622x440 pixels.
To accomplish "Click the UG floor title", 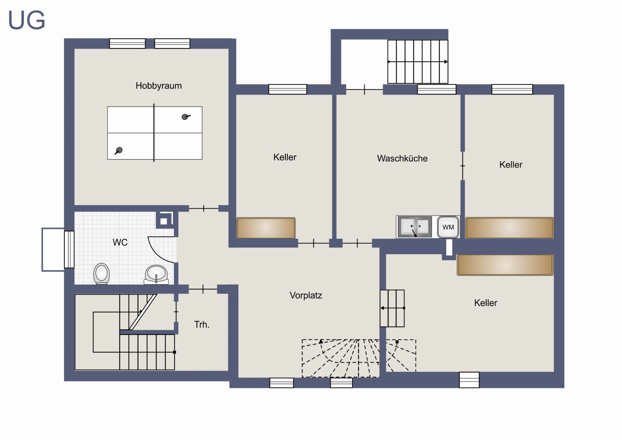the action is [27, 20].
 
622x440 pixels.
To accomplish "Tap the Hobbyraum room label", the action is [159, 86].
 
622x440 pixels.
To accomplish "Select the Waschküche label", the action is [402, 159].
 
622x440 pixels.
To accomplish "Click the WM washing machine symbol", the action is [448, 227].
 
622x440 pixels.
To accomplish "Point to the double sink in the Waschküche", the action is [414, 227].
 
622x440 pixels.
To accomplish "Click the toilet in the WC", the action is [102, 274].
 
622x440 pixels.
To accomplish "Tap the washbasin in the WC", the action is [156, 275].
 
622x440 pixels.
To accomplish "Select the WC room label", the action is [120, 242].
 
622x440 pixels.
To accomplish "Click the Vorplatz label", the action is [306, 295].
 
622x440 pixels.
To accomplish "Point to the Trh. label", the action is [202, 325].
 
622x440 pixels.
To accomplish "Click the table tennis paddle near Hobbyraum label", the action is [186, 117].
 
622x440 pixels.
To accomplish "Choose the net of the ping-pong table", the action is [154, 133].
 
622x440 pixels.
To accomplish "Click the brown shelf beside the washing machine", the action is [509, 228].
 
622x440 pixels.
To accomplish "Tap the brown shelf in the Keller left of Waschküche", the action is [266, 228].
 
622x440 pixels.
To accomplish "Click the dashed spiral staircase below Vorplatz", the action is [359, 358].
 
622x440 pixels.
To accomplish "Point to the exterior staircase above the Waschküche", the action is [418, 62].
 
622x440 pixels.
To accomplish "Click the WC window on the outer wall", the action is [69, 249].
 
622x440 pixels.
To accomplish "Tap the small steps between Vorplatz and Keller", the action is [392, 308].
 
